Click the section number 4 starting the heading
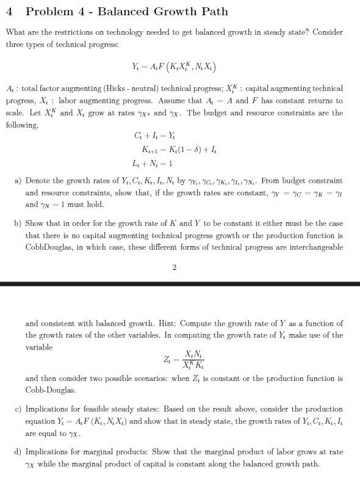click(9, 12)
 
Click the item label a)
click(18, 181)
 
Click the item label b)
click(18, 224)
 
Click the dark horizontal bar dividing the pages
click(180, 284)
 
